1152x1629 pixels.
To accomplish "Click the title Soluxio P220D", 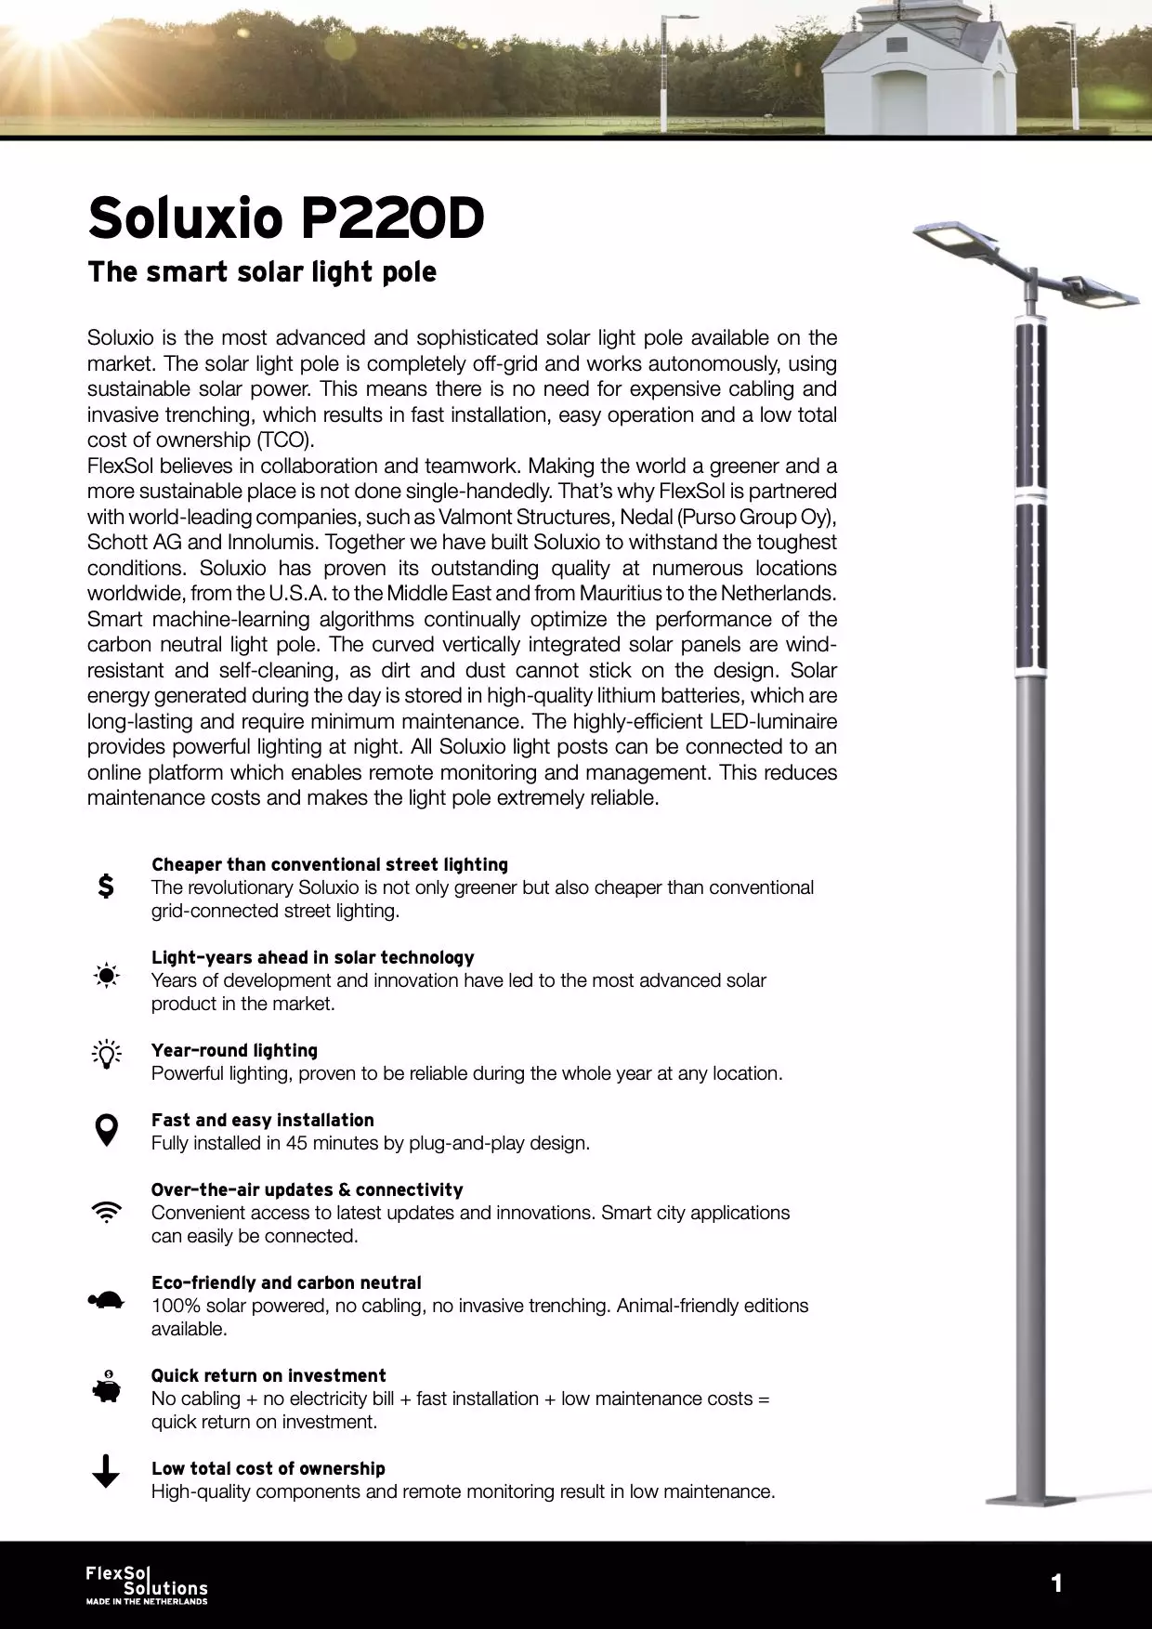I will tap(286, 218).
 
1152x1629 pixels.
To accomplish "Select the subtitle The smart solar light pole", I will tap(262, 272).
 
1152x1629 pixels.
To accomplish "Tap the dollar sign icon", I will tap(107, 886).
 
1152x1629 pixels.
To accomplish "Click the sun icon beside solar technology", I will tap(107, 976).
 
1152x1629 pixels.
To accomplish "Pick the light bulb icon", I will tap(107, 1054).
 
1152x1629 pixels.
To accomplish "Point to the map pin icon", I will tap(107, 1130).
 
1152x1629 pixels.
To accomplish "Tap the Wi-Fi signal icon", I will tap(107, 1212).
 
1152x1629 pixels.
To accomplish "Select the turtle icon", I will tap(107, 1300).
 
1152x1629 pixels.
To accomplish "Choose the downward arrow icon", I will tap(107, 1471).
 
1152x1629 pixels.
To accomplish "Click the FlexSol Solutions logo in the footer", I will tap(147, 1584).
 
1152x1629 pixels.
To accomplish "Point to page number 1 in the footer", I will tap(1056, 1583).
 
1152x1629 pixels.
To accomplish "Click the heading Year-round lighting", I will tap(234, 1050).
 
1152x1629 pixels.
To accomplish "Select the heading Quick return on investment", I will tap(268, 1375).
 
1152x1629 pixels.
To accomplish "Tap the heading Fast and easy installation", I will tap(263, 1120).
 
